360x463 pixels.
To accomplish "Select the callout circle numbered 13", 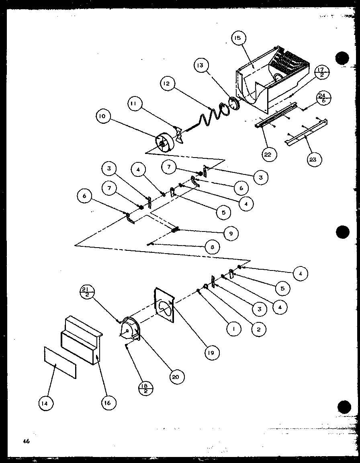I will (x=200, y=65).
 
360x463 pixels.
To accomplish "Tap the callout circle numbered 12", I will (x=168, y=84).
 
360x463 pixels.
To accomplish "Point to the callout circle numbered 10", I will (x=103, y=117).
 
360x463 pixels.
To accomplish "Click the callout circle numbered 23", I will (x=313, y=159).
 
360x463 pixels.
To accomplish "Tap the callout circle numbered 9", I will (x=231, y=234).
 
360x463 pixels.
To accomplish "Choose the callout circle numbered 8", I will (x=212, y=247).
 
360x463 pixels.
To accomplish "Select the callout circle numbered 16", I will (x=108, y=402).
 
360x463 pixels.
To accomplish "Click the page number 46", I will (x=27, y=441).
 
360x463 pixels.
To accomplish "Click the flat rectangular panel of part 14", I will (x=59, y=363).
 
